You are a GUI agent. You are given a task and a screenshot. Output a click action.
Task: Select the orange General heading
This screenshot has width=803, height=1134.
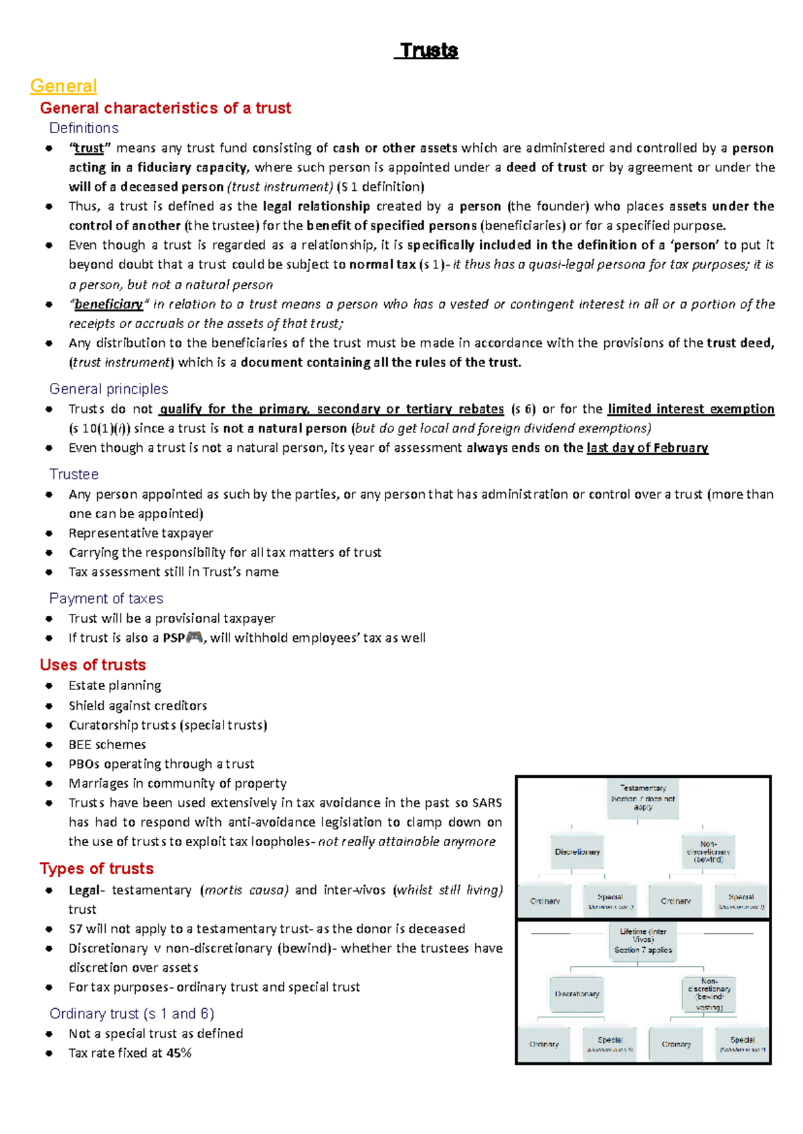[64, 86]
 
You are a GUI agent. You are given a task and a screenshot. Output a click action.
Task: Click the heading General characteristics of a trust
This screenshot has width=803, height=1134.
[165, 108]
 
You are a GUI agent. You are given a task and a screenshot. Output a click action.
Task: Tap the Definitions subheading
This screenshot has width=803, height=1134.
[84, 128]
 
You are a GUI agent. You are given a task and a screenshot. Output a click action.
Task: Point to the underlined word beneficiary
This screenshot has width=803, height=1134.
[108, 305]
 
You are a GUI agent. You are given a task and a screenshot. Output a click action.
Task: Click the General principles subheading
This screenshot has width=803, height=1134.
[108, 389]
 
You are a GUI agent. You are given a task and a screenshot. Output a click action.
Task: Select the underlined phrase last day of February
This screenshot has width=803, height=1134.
[647, 448]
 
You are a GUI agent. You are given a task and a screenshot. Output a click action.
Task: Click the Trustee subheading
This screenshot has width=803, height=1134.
[74, 474]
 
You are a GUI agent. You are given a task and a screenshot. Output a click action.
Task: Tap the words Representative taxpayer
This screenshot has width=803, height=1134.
[141, 534]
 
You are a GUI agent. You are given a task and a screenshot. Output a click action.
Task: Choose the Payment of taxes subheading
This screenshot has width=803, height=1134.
[106, 598]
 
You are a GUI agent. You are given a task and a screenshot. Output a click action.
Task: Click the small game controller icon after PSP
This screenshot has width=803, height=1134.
[194, 638]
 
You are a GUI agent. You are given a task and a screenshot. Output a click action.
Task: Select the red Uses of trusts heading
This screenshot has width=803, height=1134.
[92, 665]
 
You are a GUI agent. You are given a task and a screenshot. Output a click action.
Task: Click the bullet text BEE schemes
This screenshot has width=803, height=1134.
[107, 744]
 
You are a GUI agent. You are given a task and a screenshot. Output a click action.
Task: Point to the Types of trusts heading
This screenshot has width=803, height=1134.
[96, 868]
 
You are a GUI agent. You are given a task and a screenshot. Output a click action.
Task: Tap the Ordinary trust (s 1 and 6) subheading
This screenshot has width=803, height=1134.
[132, 1014]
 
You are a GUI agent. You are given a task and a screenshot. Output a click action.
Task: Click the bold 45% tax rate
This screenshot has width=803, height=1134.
[179, 1053]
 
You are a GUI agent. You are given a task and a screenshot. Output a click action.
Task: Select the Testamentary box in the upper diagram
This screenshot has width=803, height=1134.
[642, 798]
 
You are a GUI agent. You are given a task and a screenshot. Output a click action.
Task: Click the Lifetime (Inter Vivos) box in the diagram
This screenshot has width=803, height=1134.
[642, 941]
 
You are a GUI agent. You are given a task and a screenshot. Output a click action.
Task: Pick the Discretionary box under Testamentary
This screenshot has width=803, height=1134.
[577, 852]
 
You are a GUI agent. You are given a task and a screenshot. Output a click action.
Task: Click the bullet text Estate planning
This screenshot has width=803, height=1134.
[114, 685]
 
